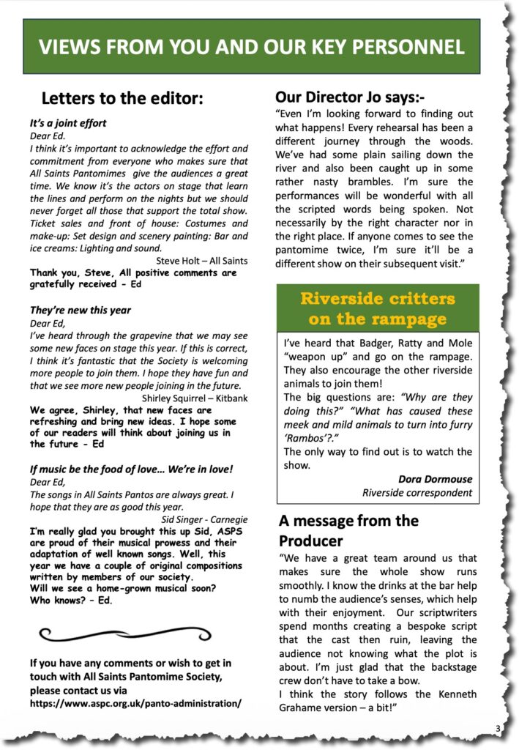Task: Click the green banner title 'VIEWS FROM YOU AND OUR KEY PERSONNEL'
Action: [x=251, y=48]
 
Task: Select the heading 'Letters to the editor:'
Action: [x=122, y=99]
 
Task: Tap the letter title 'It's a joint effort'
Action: [x=68, y=123]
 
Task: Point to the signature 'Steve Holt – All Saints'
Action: [x=202, y=260]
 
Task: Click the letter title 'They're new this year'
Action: [x=81, y=310]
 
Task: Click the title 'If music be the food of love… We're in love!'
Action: [x=131, y=468]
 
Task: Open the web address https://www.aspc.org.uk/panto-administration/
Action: [x=135, y=703]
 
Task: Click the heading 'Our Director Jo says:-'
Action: [x=350, y=97]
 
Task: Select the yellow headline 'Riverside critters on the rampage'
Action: [x=377, y=308]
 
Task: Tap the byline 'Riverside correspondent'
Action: [x=417, y=493]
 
